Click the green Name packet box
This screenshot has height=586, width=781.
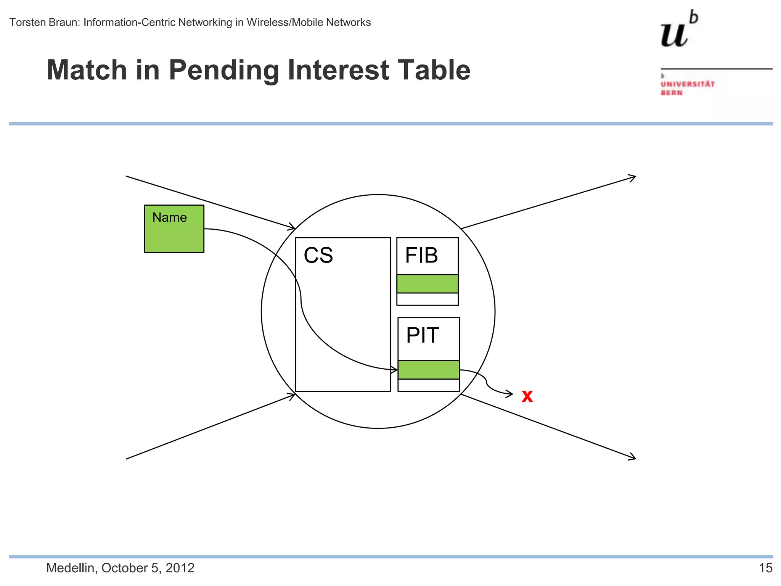pyautogui.click(x=174, y=229)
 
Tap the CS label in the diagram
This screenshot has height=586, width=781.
pyautogui.click(x=318, y=255)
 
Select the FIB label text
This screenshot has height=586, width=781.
pyautogui.click(x=421, y=255)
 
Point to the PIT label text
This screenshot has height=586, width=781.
pyautogui.click(x=422, y=335)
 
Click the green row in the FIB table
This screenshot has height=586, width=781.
pyautogui.click(x=427, y=284)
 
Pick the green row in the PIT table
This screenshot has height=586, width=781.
pyautogui.click(x=429, y=370)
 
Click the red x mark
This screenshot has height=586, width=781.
pyautogui.click(x=527, y=396)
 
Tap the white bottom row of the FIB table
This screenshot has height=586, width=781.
pyautogui.click(x=427, y=299)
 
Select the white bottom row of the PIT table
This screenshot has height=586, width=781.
pyautogui.click(x=429, y=385)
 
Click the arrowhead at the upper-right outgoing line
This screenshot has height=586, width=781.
pyautogui.click(x=633, y=177)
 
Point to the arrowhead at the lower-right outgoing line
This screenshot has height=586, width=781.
pyautogui.click(x=633, y=457)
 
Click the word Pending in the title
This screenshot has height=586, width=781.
pyautogui.click(x=223, y=70)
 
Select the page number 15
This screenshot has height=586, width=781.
pyautogui.click(x=765, y=568)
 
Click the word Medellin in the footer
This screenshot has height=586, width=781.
pyautogui.click(x=70, y=568)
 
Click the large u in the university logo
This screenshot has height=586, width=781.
pyautogui.click(x=674, y=34)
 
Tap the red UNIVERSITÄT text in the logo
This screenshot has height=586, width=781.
pyautogui.click(x=688, y=84)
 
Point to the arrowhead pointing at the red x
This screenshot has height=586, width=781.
pyautogui.click(x=510, y=394)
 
